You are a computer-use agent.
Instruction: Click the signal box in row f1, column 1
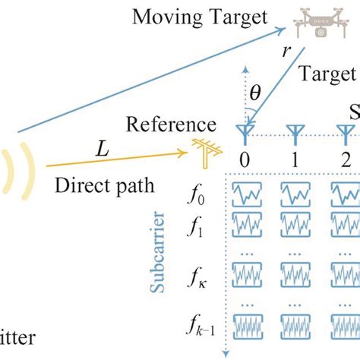[x=297, y=223]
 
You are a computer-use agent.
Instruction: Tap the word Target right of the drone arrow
[x=328, y=74]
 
